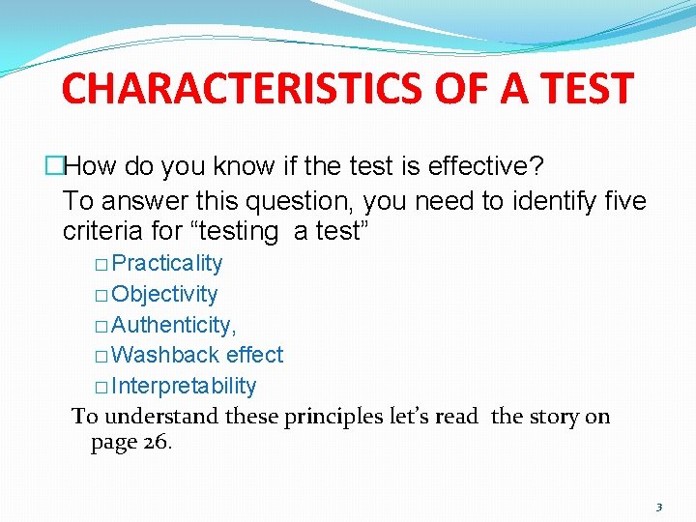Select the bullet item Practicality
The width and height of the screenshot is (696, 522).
167,264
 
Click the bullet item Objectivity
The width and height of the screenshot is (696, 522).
164,294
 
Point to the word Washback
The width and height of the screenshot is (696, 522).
165,355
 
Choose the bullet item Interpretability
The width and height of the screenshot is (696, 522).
184,386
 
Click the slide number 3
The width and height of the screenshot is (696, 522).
658,507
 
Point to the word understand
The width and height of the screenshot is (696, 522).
161,417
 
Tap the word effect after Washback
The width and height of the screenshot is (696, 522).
254,355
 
